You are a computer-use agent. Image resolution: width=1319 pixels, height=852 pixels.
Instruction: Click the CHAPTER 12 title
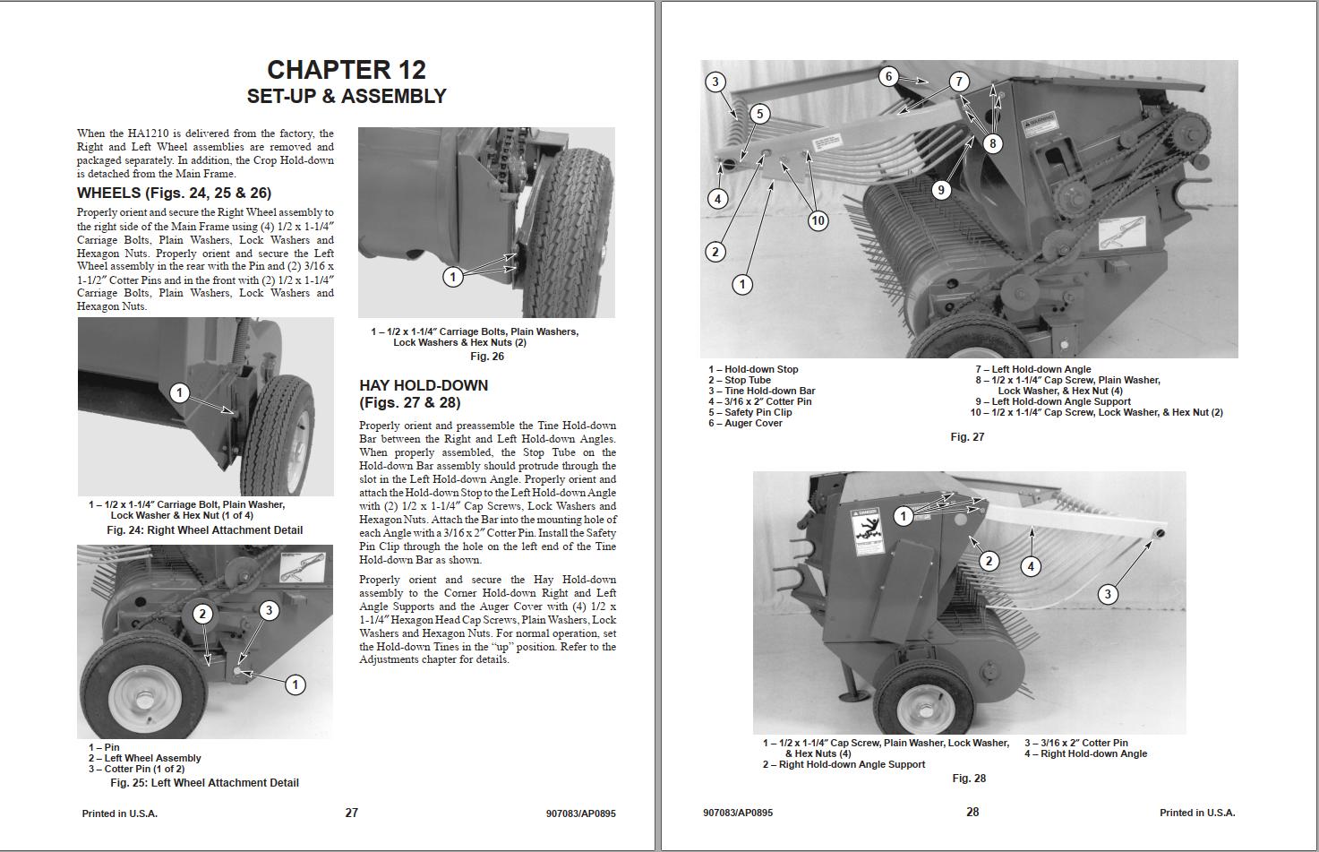click(x=347, y=70)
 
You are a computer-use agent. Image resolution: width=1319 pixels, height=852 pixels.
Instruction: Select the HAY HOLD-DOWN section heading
click(x=424, y=385)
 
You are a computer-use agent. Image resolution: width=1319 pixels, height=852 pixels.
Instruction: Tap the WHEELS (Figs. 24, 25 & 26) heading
click(x=174, y=193)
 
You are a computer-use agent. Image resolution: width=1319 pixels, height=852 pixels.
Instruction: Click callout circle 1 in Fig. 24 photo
click(x=179, y=392)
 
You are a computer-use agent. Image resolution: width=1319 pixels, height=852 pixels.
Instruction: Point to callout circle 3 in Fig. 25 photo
click(x=269, y=611)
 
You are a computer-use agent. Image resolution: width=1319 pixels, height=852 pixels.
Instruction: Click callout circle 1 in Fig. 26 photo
click(x=452, y=277)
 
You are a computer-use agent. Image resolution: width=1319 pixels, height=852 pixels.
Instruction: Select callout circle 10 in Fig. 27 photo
click(x=818, y=220)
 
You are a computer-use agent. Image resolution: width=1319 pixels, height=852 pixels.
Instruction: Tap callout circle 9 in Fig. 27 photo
click(x=939, y=190)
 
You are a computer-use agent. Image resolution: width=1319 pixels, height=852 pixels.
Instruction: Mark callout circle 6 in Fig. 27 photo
click(x=888, y=76)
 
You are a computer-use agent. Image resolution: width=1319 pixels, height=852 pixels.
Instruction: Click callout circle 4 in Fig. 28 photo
click(x=1031, y=566)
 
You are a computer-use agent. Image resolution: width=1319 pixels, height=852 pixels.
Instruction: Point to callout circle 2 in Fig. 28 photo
click(x=989, y=561)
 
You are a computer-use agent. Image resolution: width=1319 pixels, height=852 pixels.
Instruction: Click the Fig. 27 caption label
click(x=967, y=437)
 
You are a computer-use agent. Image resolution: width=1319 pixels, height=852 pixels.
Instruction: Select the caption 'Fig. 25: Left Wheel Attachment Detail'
click(x=204, y=783)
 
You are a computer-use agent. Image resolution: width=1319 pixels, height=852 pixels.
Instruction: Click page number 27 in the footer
click(x=351, y=813)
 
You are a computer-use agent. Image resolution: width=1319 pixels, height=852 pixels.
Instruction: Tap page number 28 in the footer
click(x=972, y=812)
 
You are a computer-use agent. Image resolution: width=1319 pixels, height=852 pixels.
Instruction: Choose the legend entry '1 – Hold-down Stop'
click(x=753, y=369)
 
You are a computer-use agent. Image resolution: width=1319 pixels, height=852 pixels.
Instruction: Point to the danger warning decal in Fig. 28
click(x=864, y=528)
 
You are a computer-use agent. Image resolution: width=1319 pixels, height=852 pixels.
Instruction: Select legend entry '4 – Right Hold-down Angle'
click(x=1085, y=753)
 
